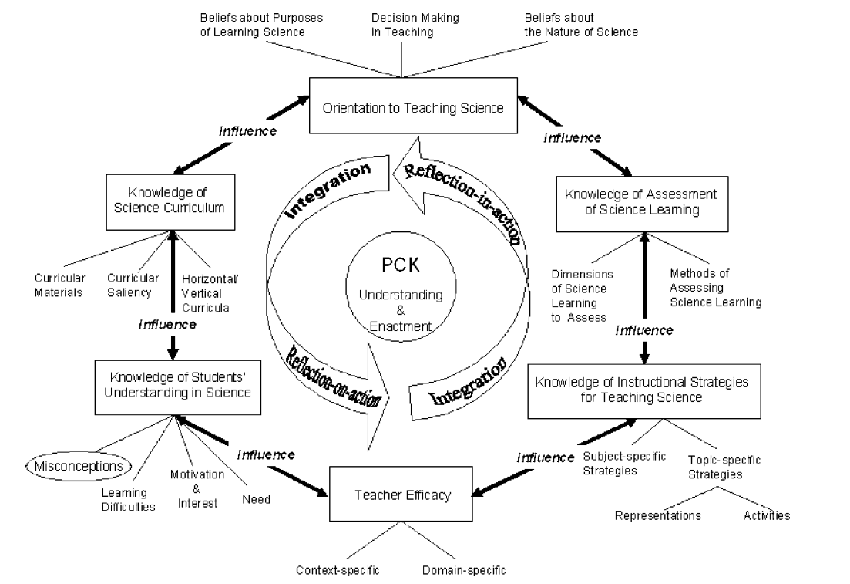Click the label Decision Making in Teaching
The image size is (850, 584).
pyautogui.click(x=402, y=25)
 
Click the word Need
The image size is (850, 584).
pyautogui.click(x=256, y=499)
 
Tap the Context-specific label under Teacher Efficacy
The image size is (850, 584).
pyautogui.click(x=338, y=571)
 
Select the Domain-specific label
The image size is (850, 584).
pyautogui.click(x=464, y=571)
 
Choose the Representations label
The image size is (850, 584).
pyautogui.click(x=657, y=516)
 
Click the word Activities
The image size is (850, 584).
pyautogui.click(x=767, y=515)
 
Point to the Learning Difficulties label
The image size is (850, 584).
pyautogui.click(x=129, y=500)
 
